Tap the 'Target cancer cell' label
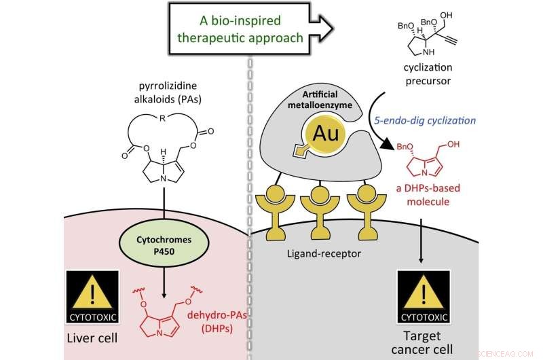[x=422, y=342]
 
